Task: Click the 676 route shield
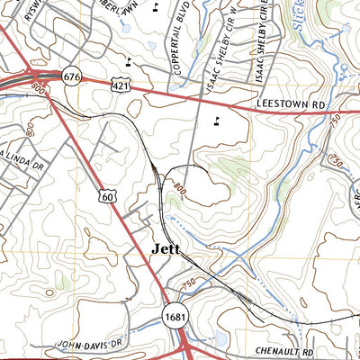tap(72, 78)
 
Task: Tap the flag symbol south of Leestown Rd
tap(216, 120)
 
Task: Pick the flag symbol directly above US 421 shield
tap(129, 62)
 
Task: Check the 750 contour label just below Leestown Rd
tap(336, 121)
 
